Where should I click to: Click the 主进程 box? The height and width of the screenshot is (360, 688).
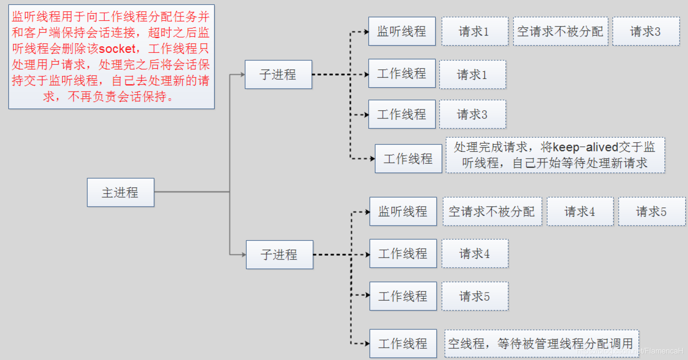(x=120, y=193)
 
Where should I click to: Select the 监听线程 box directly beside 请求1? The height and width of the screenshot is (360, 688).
(x=402, y=32)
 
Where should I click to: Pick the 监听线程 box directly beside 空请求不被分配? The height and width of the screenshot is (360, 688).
(x=403, y=211)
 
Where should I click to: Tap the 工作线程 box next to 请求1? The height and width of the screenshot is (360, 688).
(x=402, y=74)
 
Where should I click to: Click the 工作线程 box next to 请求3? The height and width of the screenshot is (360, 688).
(x=402, y=114)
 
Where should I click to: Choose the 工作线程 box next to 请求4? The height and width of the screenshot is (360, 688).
(x=403, y=254)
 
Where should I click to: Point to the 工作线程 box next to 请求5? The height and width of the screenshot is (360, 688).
(x=403, y=296)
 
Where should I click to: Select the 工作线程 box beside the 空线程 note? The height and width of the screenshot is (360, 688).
(x=403, y=343)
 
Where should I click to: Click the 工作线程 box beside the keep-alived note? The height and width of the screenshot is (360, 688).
(x=408, y=159)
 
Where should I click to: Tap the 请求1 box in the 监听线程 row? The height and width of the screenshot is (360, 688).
(x=474, y=32)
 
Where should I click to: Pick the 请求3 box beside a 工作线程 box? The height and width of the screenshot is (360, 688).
(x=472, y=114)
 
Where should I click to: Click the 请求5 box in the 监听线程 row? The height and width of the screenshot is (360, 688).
(x=652, y=211)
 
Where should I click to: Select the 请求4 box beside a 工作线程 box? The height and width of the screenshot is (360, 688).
(x=475, y=254)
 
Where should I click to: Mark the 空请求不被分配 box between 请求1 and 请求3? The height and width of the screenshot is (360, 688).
(x=560, y=32)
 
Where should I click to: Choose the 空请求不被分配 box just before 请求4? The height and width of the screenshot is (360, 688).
(x=492, y=211)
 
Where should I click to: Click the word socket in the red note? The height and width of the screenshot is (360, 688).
(x=117, y=49)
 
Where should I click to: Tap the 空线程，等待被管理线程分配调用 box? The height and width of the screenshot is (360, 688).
(x=541, y=343)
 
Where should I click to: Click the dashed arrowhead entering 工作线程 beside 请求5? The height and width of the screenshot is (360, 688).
(x=367, y=295)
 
